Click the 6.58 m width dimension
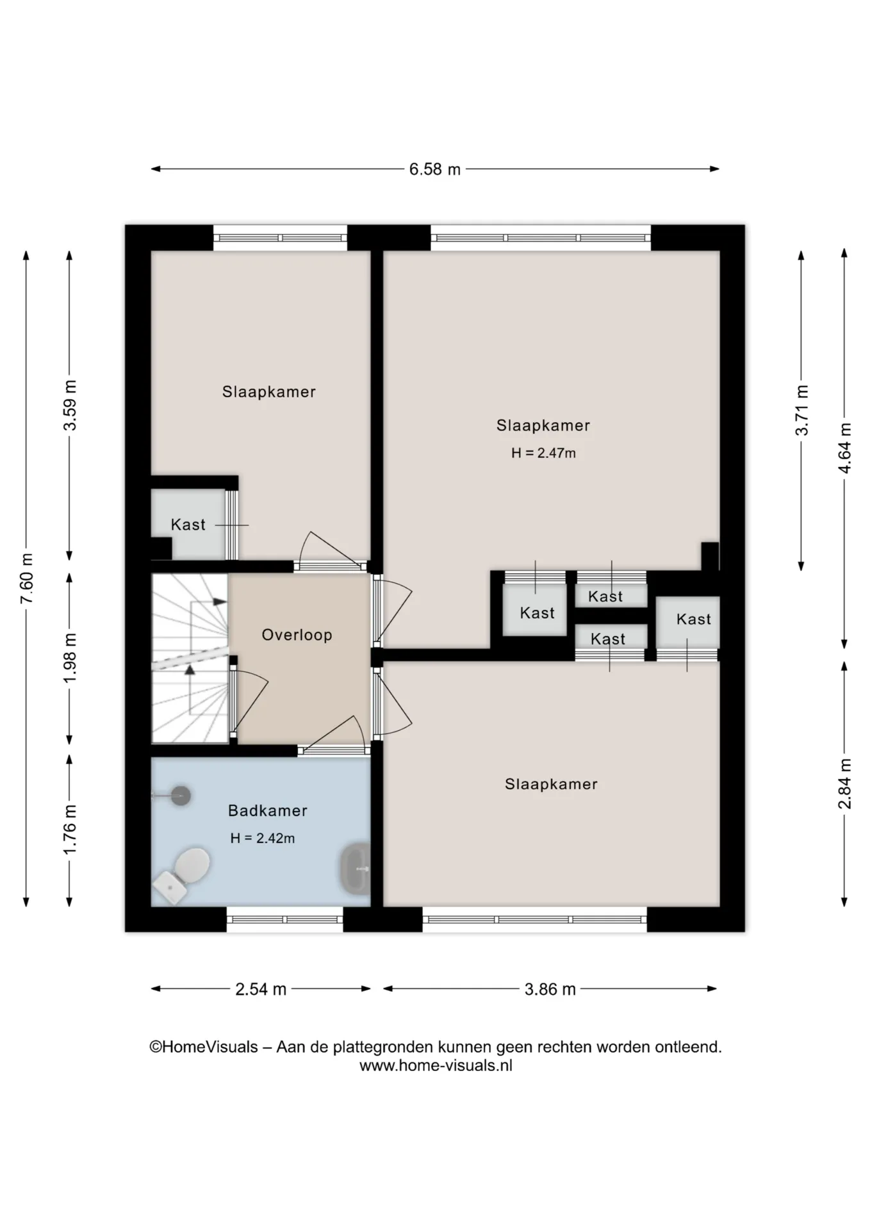435,170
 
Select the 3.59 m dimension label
70,406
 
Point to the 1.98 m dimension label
70,659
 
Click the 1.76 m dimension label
70,830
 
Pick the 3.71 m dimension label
801,411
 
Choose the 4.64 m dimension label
845,448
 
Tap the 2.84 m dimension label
845,783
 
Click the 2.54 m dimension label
261,989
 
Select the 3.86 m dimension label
550,989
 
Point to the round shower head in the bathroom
181,796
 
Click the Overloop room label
297,635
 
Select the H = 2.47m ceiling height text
543,453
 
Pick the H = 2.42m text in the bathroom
263,838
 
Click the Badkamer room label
268,810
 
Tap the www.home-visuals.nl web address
436,1065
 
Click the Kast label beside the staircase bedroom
188,525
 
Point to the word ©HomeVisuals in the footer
204,1047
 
